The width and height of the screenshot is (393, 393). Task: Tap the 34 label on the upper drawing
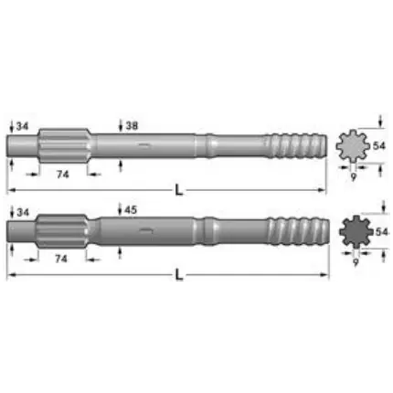(22, 125)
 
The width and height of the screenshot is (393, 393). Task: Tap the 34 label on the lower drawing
(22, 211)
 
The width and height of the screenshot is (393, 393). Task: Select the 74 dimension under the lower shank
(61, 259)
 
